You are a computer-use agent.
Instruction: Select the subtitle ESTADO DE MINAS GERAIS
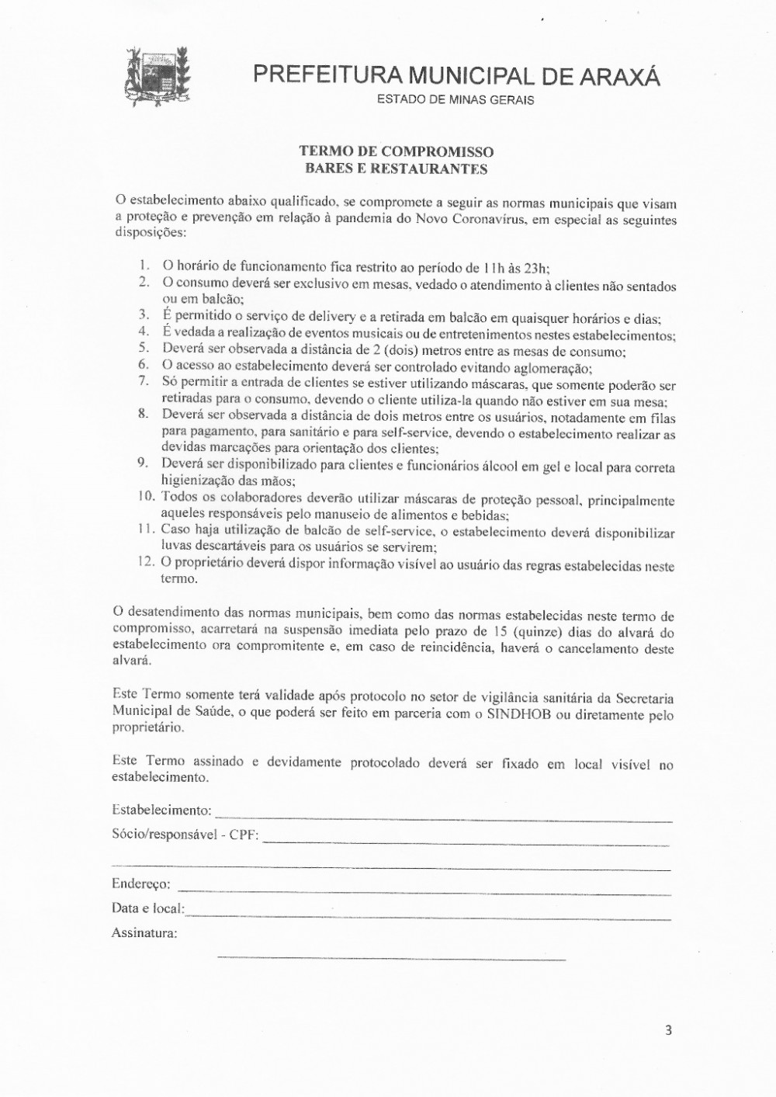pyautogui.click(x=456, y=100)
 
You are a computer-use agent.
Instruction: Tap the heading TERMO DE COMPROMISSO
pyautogui.click(x=397, y=152)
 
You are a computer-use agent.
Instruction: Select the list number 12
pyautogui.click(x=145, y=561)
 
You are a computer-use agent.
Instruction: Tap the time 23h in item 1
pyautogui.click(x=537, y=268)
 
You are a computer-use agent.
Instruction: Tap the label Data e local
pyautogui.click(x=148, y=908)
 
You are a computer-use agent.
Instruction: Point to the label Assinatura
pyautogui.click(x=144, y=932)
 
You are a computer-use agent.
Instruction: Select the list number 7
pyautogui.click(x=144, y=380)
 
